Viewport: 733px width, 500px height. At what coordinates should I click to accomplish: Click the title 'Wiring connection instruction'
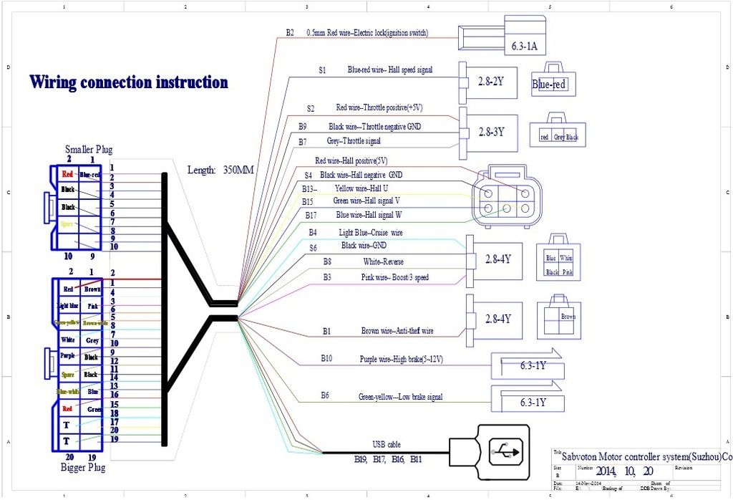point(129,82)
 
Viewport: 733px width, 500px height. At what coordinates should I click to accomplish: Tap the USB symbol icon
point(507,451)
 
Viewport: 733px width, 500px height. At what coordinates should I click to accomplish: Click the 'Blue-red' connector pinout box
point(549,85)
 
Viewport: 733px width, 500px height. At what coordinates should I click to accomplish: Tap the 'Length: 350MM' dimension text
point(221,170)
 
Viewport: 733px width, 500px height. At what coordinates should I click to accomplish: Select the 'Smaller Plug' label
point(89,150)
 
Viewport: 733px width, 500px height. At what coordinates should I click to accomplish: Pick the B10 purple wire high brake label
point(401,358)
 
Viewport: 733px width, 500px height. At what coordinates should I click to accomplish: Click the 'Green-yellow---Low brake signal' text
point(400,396)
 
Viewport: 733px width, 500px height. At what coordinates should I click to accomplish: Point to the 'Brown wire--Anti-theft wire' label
point(397,331)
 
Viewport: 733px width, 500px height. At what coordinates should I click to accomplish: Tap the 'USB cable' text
point(387,444)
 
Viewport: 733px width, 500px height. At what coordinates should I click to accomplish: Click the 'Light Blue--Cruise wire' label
point(371,233)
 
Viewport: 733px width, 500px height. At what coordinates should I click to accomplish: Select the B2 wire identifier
point(290,33)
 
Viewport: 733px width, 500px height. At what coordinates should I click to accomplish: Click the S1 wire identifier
point(322,70)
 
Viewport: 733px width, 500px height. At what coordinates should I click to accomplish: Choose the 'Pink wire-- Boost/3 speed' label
point(395,277)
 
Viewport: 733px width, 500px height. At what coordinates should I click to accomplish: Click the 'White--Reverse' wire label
point(384,261)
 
